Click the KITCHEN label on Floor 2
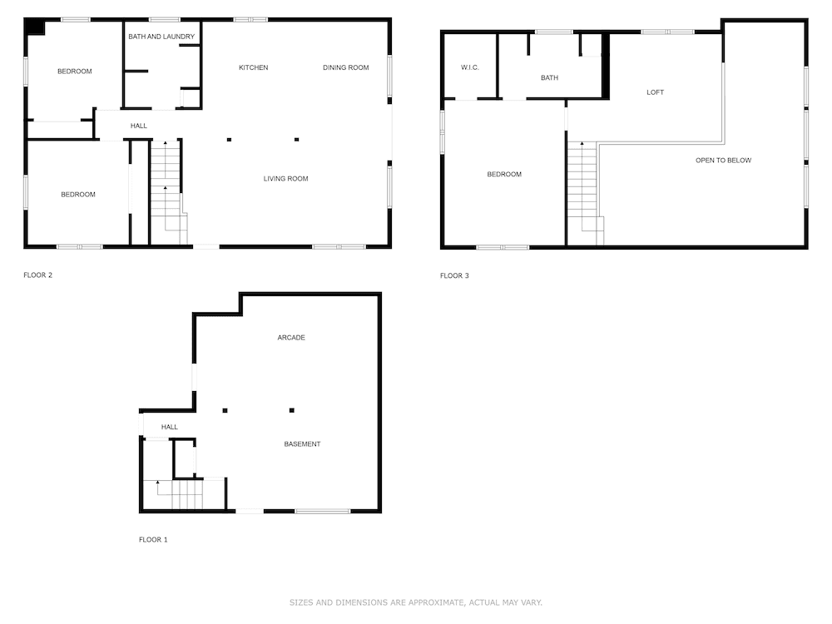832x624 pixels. pyautogui.click(x=253, y=67)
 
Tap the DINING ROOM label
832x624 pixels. pyautogui.click(x=345, y=67)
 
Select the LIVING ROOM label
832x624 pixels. pyautogui.click(x=285, y=178)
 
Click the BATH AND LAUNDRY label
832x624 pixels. pyautogui.click(x=161, y=37)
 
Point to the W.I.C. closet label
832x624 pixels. pyautogui.click(x=470, y=67)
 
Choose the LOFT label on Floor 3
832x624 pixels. pyautogui.click(x=655, y=92)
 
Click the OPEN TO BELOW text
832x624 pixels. pyautogui.click(x=723, y=160)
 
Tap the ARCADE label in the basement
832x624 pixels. pyautogui.click(x=291, y=337)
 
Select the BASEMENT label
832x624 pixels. pyautogui.click(x=302, y=443)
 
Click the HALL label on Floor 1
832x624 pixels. pyautogui.click(x=170, y=427)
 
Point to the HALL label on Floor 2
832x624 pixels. pyautogui.click(x=138, y=126)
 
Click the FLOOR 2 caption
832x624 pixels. pyautogui.click(x=37, y=275)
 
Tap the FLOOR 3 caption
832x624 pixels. pyautogui.click(x=454, y=275)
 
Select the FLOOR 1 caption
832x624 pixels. pyautogui.click(x=153, y=539)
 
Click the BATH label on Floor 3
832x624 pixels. pyautogui.click(x=549, y=78)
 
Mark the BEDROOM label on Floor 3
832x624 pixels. pyautogui.click(x=504, y=174)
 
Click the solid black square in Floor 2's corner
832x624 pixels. pyautogui.click(x=34, y=27)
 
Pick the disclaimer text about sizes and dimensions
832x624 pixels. pyautogui.click(x=416, y=602)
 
